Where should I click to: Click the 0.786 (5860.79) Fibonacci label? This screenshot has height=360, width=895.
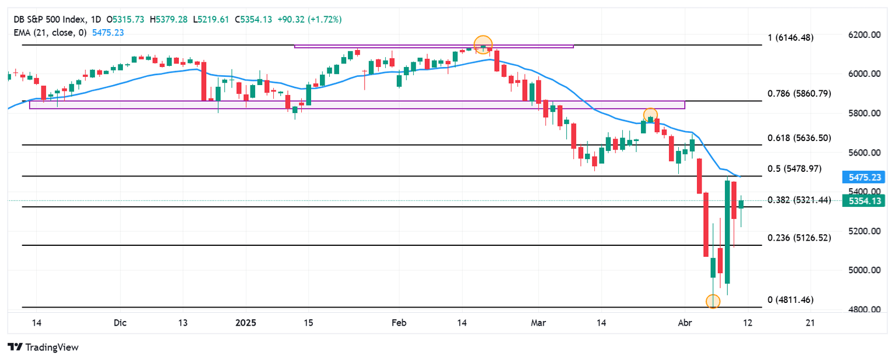point(799,93)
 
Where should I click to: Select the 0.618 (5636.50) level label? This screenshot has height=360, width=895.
point(799,138)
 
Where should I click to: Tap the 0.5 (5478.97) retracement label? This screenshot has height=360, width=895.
point(794,168)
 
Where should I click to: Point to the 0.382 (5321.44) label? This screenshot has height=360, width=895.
point(799,200)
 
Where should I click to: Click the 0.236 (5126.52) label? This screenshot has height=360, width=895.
point(799,238)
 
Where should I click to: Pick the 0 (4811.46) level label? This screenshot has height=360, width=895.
point(790,300)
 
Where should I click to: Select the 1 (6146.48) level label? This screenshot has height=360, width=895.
point(790,37)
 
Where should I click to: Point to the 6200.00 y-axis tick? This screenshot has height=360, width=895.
point(864,35)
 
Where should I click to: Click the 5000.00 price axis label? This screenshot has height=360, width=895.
point(864,270)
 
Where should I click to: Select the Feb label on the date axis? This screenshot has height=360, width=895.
point(399,323)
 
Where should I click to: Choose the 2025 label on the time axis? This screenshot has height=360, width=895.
point(245,323)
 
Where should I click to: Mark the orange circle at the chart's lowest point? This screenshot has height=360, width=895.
point(713,302)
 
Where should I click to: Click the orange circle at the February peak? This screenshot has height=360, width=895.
point(483,44)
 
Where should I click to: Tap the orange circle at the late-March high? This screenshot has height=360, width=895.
point(650,115)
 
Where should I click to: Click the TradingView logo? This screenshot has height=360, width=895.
point(43,347)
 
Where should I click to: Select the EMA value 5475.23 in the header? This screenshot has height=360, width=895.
point(108,33)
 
